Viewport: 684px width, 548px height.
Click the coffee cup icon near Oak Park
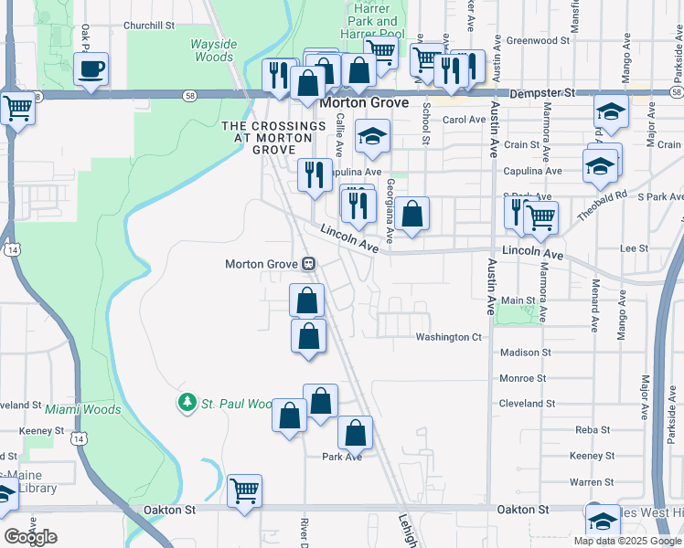pos(91,69)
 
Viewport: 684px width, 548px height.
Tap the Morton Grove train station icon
pos(309,264)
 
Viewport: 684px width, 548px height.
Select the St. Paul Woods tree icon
pos(187,403)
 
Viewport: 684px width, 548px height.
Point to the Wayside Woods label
pos(212,50)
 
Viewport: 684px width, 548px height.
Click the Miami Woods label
pos(83,409)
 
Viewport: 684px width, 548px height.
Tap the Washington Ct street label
pos(448,337)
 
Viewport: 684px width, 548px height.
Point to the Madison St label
pos(526,352)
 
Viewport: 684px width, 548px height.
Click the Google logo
pos(30,537)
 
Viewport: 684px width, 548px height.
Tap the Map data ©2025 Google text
pos(628,541)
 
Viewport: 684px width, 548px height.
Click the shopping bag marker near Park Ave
pos(356,434)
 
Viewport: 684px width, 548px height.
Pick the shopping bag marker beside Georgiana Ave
pos(411,215)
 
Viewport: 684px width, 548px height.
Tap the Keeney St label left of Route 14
pos(39,429)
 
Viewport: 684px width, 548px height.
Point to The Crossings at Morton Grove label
pos(262,137)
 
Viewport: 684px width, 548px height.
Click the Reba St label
pos(593,429)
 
